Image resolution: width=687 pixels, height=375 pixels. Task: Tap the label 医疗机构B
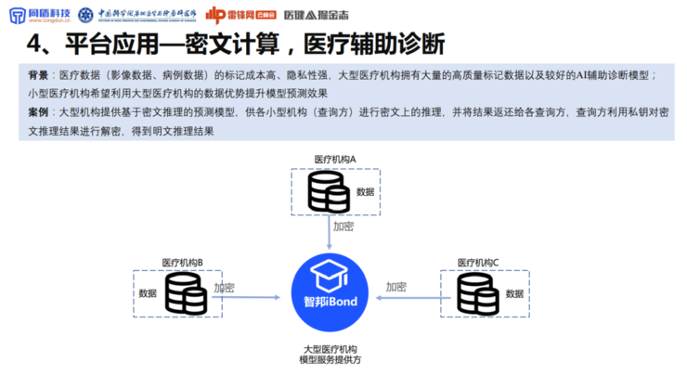(x=183, y=263)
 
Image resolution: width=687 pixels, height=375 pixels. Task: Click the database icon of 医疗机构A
(x=327, y=192)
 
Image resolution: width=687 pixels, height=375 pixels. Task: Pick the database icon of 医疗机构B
(x=186, y=294)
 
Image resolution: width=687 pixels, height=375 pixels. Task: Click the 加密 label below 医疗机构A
(x=343, y=226)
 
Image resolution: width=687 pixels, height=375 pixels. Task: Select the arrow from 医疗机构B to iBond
(x=246, y=298)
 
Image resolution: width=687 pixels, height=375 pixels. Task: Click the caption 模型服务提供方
(x=331, y=359)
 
